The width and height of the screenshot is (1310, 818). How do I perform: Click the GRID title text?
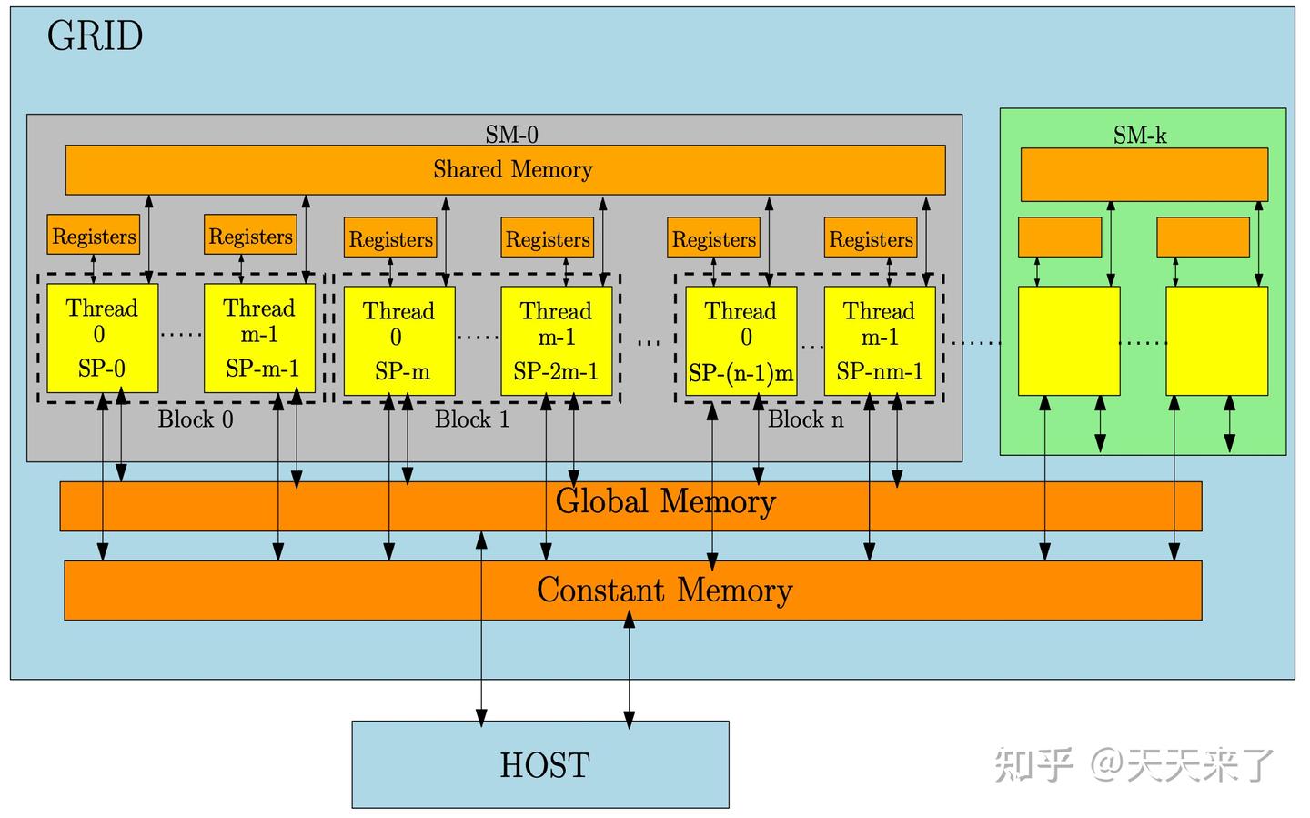tap(95, 37)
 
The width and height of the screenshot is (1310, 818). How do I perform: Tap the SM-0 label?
tap(511, 135)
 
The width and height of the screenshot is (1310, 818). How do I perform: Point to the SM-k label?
tap(1140, 136)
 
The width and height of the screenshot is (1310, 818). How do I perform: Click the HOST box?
tap(540, 764)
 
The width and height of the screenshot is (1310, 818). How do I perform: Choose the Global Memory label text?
tap(665, 501)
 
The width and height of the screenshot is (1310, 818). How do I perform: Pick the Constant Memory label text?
tap(664, 591)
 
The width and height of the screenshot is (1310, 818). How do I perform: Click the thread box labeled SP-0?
tap(102, 338)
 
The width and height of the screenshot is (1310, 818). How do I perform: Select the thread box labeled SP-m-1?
tap(260, 338)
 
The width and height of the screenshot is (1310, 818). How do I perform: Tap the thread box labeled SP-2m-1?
tap(556, 340)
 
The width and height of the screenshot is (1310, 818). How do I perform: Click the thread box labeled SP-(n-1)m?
tap(741, 340)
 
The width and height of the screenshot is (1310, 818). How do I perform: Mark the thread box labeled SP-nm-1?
tap(880, 340)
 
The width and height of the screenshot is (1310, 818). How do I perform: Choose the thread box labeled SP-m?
tap(398, 340)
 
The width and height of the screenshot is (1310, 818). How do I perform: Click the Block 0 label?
tap(196, 419)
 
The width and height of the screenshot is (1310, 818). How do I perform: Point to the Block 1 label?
tap(471, 419)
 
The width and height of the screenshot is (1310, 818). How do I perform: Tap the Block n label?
tap(805, 419)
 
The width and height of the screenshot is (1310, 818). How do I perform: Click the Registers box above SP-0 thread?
tap(94, 236)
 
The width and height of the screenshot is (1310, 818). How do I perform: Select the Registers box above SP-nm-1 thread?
tap(871, 238)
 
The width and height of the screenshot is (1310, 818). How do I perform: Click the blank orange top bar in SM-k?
tap(1144, 175)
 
